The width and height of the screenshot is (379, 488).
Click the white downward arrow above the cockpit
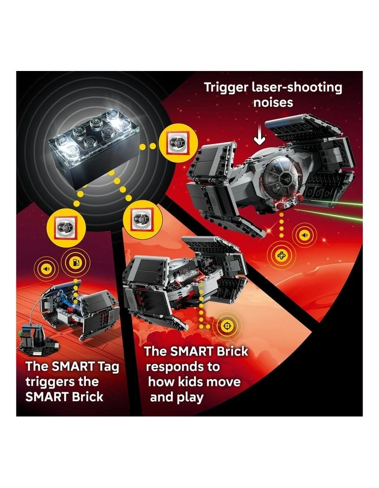pos(258,138)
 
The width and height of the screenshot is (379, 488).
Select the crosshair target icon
pos(227,327)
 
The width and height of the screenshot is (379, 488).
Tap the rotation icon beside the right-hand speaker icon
pos(282,256)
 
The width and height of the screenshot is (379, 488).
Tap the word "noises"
pos(273,102)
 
